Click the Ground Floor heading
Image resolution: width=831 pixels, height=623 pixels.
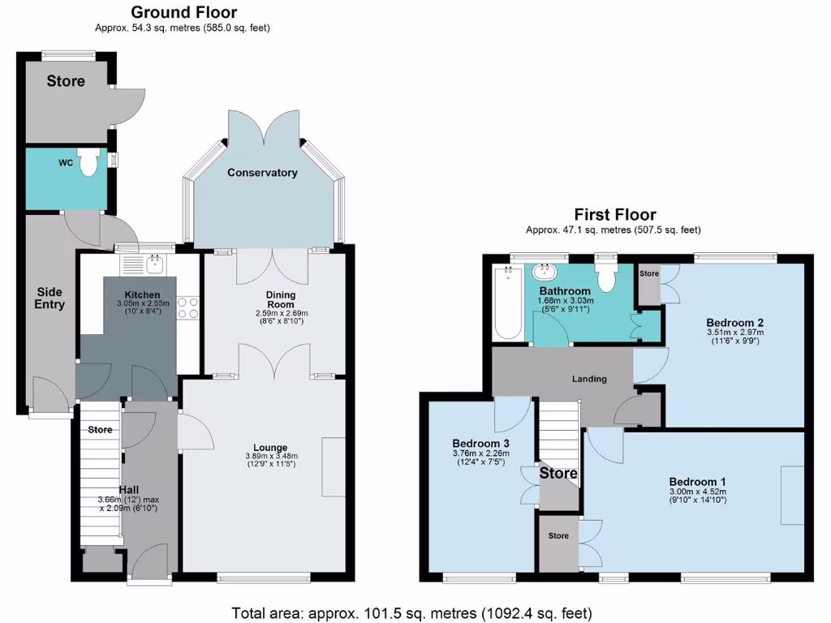pyautogui.click(x=183, y=12)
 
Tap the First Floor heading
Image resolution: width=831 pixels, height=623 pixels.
pyautogui.click(x=614, y=215)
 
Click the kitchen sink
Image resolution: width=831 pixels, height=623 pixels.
pyautogui.click(x=154, y=263)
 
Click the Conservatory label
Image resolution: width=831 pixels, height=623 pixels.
pyautogui.click(x=262, y=173)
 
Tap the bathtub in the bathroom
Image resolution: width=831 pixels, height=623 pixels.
pyautogui.click(x=510, y=304)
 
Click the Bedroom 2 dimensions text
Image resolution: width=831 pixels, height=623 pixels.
pyautogui.click(x=734, y=337)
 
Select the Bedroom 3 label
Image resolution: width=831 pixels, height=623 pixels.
pyautogui.click(x=481, y=443)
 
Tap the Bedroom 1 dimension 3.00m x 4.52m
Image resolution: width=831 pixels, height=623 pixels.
pyautogui.click(x=698, y=492)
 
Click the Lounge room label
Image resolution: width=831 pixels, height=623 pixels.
pyautogui.click(x=270, y=447)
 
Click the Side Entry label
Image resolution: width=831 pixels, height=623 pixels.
pyautogui.click(x=50, y=298)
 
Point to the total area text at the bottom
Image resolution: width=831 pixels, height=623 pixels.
pyautogui.click(x=411, y=612)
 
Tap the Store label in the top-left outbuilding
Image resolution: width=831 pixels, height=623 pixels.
pyautogui.click(x=66, y=81)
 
